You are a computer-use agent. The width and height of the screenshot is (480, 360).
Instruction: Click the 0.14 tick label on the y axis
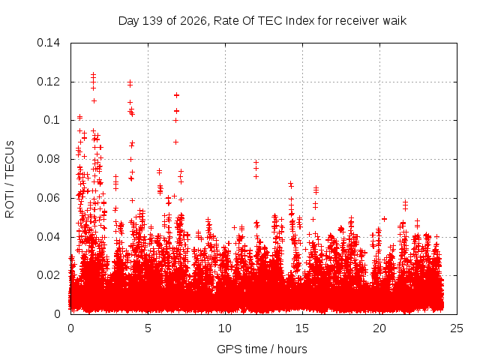tap(48, 43)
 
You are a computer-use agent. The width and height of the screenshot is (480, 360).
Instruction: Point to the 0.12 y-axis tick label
tap(48, 82)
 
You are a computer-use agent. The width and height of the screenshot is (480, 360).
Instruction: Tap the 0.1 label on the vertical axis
tap(52, 120)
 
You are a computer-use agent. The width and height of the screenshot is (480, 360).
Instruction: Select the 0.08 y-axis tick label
tap(48, 159)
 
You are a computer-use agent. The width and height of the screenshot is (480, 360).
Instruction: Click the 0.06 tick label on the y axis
tap(48, 198)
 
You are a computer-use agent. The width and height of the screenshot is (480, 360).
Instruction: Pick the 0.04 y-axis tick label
tap(48, 237)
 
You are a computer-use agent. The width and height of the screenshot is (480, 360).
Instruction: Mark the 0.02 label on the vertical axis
tap(48, 275)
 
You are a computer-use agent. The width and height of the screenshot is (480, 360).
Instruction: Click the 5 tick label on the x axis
tap(148, 328)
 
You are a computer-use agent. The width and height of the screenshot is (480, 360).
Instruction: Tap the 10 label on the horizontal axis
tap(225, 328)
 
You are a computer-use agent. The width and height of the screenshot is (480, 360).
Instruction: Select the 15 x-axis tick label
tap(302, 328)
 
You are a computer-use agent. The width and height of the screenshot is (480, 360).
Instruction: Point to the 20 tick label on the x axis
tap(379, 328)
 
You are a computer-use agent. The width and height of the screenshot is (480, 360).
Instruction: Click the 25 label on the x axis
tap(457, 328)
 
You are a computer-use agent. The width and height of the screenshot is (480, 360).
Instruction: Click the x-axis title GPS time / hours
tap(262, 349)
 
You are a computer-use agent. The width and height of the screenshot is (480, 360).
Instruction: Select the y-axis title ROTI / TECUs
tap(10, 179)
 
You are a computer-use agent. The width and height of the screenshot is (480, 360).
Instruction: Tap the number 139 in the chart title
tap(153, 21)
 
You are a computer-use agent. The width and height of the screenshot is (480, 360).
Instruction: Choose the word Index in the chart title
tap(300, 21)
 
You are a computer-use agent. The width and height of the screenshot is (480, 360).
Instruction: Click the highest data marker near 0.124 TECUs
tap(93, 74)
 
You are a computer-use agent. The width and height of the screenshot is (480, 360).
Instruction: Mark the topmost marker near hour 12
tap(256, 162)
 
